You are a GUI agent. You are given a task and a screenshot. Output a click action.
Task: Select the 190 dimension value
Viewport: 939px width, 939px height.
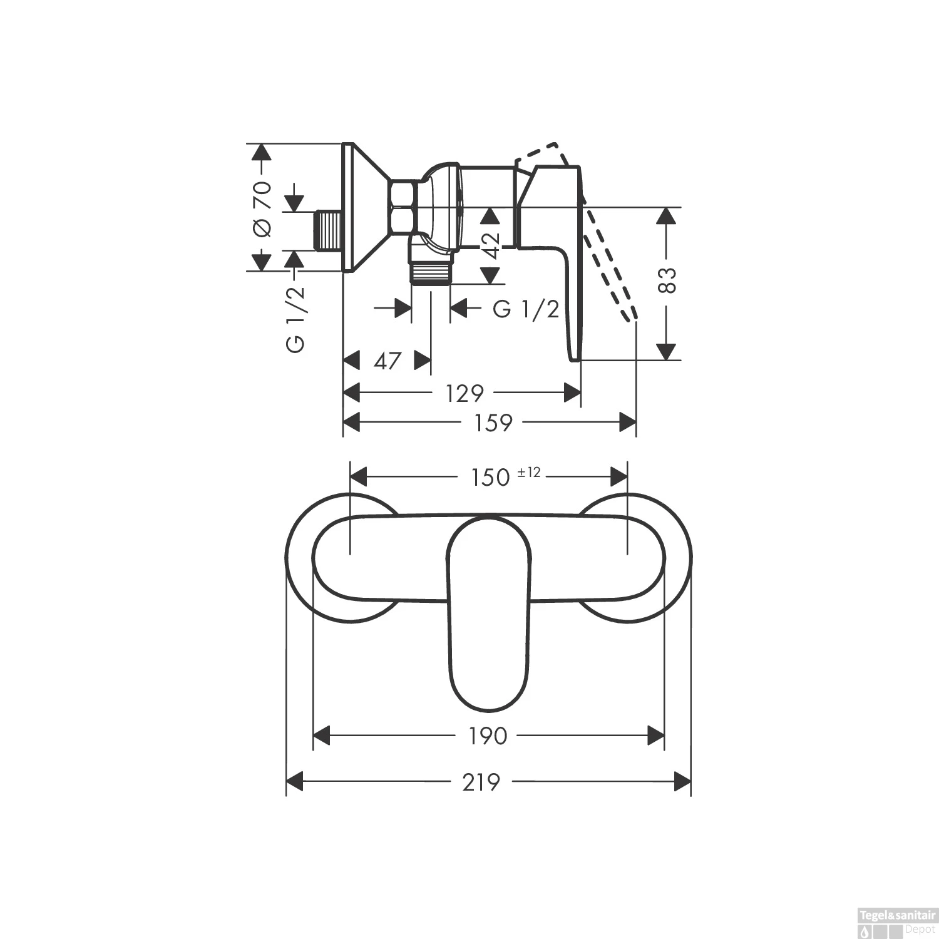pos(488,736)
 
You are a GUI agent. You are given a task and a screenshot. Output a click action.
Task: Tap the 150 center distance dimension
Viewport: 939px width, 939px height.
pos(491,478)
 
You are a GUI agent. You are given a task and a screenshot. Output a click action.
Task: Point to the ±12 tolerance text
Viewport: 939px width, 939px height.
pos(529,473)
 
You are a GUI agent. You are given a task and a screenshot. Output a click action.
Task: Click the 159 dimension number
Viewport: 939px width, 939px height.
pos(493,423)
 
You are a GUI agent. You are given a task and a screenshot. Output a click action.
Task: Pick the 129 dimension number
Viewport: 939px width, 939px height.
pos(464,394)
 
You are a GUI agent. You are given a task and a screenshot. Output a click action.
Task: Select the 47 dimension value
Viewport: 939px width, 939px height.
pos(387,361)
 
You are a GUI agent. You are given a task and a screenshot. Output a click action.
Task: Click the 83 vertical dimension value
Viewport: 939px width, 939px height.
pos(668,280)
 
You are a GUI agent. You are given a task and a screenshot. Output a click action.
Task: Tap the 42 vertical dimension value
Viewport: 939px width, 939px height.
pos(491,245)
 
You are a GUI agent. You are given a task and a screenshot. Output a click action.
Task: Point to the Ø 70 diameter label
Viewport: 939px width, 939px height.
pos(262,208)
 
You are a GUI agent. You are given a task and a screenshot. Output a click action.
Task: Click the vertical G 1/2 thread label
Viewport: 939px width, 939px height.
pos(295,319)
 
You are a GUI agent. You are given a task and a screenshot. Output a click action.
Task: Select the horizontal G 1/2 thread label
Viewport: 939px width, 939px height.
pos(526,309)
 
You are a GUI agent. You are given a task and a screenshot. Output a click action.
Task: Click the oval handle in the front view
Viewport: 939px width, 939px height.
pos(489,613)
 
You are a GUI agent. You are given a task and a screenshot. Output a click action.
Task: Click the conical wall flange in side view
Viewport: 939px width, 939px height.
pos(366,208)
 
